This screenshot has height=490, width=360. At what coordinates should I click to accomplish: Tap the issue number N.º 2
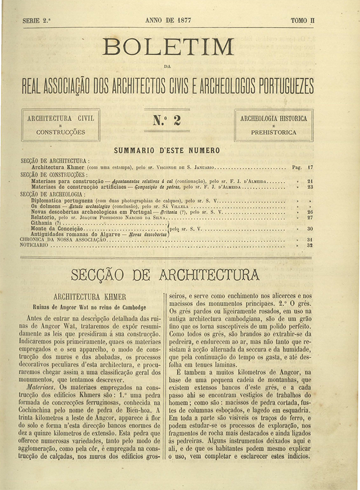pyautogui.click(x=167, y=120)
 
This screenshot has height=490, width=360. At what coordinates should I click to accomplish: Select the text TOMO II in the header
pyautogui.click(x=302, y=20)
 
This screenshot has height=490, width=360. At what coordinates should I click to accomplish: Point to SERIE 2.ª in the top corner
pyautogui.click(x=37, y=21)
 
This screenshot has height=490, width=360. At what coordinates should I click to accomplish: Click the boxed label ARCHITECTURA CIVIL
pyautogui.click(x=61, y=118)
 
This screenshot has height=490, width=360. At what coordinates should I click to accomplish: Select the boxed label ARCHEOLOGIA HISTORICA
pyautogui.click(x=274, y=118)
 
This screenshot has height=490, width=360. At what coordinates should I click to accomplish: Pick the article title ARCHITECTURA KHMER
pyautogui.click(x=89, y=296)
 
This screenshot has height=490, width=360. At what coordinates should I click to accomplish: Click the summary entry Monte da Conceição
pyautogui.click(x=57, y=229)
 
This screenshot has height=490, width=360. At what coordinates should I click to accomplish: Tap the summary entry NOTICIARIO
pyautogui.click(x=34, y=245)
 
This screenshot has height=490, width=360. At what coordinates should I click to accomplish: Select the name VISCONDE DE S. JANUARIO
pyautogui.click(x=186, y=167)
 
